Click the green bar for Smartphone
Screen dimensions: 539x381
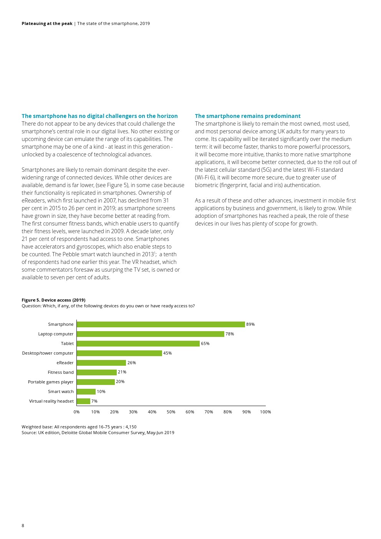(x=161, y=324)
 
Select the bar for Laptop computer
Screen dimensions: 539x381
(x=150, y=334)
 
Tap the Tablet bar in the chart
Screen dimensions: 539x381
(x=138, y=343)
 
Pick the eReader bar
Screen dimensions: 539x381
(x=101, y=363)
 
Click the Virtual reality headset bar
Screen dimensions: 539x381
(x=83, y=401)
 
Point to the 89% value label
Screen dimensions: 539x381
(x=250, y=324)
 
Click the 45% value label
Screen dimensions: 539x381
(x=167, y=353)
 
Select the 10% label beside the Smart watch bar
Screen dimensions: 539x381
(x=101, y=391)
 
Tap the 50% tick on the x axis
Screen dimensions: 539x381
(x=171, y=412)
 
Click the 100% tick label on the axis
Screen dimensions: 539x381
(x=265, y=412)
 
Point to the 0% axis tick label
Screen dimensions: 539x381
(x=77, y=412)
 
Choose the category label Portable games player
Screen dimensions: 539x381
(x=51, y=382)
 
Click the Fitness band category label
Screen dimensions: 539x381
(x=61, y=372)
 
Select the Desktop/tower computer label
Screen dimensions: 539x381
(x=48, y=353)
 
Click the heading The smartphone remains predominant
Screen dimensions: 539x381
(x=248, y=116)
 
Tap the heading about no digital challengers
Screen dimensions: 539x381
(x=99, y=116)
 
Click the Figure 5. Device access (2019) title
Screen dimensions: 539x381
(x=53, y=300)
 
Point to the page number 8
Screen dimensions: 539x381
(x=23, y=526)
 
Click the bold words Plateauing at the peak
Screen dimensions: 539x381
(x=47, y=23)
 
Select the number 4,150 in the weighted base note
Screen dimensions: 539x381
(x=131, y=427)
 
